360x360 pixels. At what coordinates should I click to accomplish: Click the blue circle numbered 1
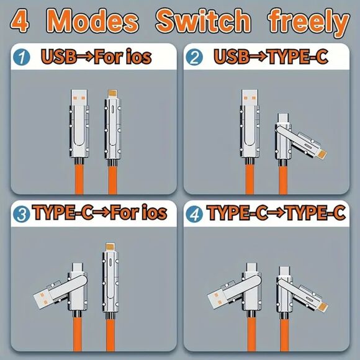22,57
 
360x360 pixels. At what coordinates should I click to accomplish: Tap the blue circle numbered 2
194,57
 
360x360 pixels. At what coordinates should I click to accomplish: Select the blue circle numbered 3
22,214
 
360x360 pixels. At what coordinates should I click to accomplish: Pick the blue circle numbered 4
194,214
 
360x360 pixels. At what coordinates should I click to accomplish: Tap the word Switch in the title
203,20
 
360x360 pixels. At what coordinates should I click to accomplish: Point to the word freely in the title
309,22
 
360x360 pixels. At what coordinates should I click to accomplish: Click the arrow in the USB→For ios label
85,56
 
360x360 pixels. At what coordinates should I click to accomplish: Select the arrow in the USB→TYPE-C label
258,56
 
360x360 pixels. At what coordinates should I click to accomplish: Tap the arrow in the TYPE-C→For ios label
101,213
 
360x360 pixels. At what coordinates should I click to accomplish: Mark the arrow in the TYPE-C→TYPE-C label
277,213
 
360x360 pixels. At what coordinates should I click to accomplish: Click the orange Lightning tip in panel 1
112,93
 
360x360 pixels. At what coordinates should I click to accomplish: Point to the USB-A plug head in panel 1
79,97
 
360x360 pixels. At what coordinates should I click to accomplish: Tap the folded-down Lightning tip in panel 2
322,155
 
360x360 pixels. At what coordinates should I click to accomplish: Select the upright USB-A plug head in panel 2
250,97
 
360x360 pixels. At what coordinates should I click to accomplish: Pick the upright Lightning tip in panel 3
110,246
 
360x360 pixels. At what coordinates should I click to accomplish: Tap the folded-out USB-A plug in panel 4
217,299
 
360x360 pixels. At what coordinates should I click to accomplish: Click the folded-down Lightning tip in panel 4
323,307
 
